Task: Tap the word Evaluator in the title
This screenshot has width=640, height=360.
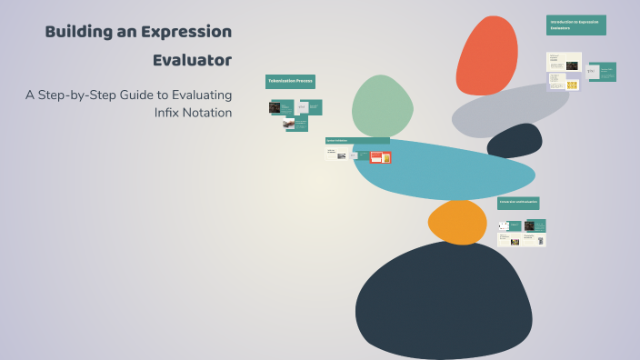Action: pyautogui.click(x=192, y=61)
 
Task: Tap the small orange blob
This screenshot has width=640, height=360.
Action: pyautogui.click(x=457, y=221)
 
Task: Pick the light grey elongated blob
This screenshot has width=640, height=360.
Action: pyautogui.click(x=509, y=110)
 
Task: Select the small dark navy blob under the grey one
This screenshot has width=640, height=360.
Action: pyautogui.click(x=515, y=142)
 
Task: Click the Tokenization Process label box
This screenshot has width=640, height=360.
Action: pyautogui.click(x=290, y=82)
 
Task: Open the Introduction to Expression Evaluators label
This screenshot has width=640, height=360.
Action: pyautogui.click(x=575, y=25)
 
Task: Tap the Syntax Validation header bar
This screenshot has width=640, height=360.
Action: pyautogui.click(x=357, y=141)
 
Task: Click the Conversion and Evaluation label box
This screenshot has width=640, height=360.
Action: pyautogui.click(x=517, y=202)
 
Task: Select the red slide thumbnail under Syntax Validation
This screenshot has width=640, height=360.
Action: pyautogui.click(x=375, y=157)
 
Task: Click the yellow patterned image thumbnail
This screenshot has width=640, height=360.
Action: pyautogui.click(x=572, y=85)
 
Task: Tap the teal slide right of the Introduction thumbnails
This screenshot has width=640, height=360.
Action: pyautogui.click(x=601, y=72)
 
